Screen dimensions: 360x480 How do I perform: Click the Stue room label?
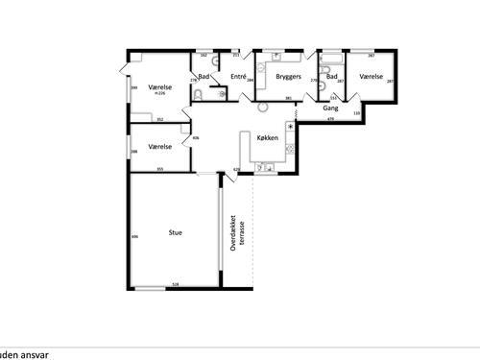[176, 232]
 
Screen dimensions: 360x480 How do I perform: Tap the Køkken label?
[268, 137]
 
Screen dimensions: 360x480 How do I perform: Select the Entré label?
[239, 75]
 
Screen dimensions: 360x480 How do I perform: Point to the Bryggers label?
[289, 75]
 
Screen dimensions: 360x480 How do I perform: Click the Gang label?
[330, 108]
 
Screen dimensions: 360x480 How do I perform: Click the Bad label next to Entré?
[204, 75]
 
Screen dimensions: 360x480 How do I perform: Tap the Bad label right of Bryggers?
[331, 75]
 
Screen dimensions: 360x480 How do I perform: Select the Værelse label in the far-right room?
[372, 75]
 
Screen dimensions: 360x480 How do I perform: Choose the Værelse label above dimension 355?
[159, 146]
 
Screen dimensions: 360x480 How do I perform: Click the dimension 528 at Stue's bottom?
[175, 284]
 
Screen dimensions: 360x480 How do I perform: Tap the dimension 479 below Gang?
[330, 119]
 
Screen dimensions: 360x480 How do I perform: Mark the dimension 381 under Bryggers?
[288, 98]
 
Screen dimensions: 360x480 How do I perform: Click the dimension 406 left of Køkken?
[197, 137]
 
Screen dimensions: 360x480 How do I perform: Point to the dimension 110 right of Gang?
[357, 113]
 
